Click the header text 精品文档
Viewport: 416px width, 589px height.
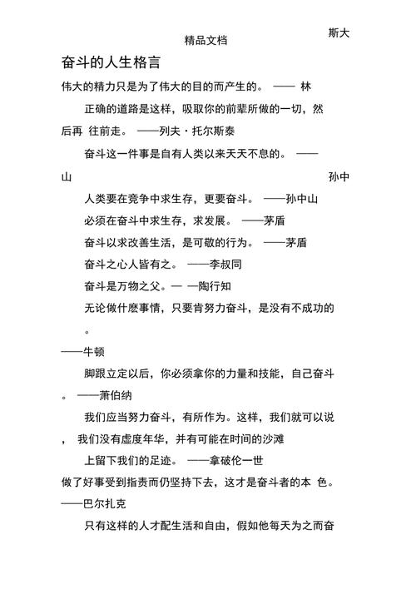[x=206, y=40]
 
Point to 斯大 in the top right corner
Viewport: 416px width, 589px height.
[x=339, y=32]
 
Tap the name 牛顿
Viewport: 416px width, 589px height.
[x=93, y=352]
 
